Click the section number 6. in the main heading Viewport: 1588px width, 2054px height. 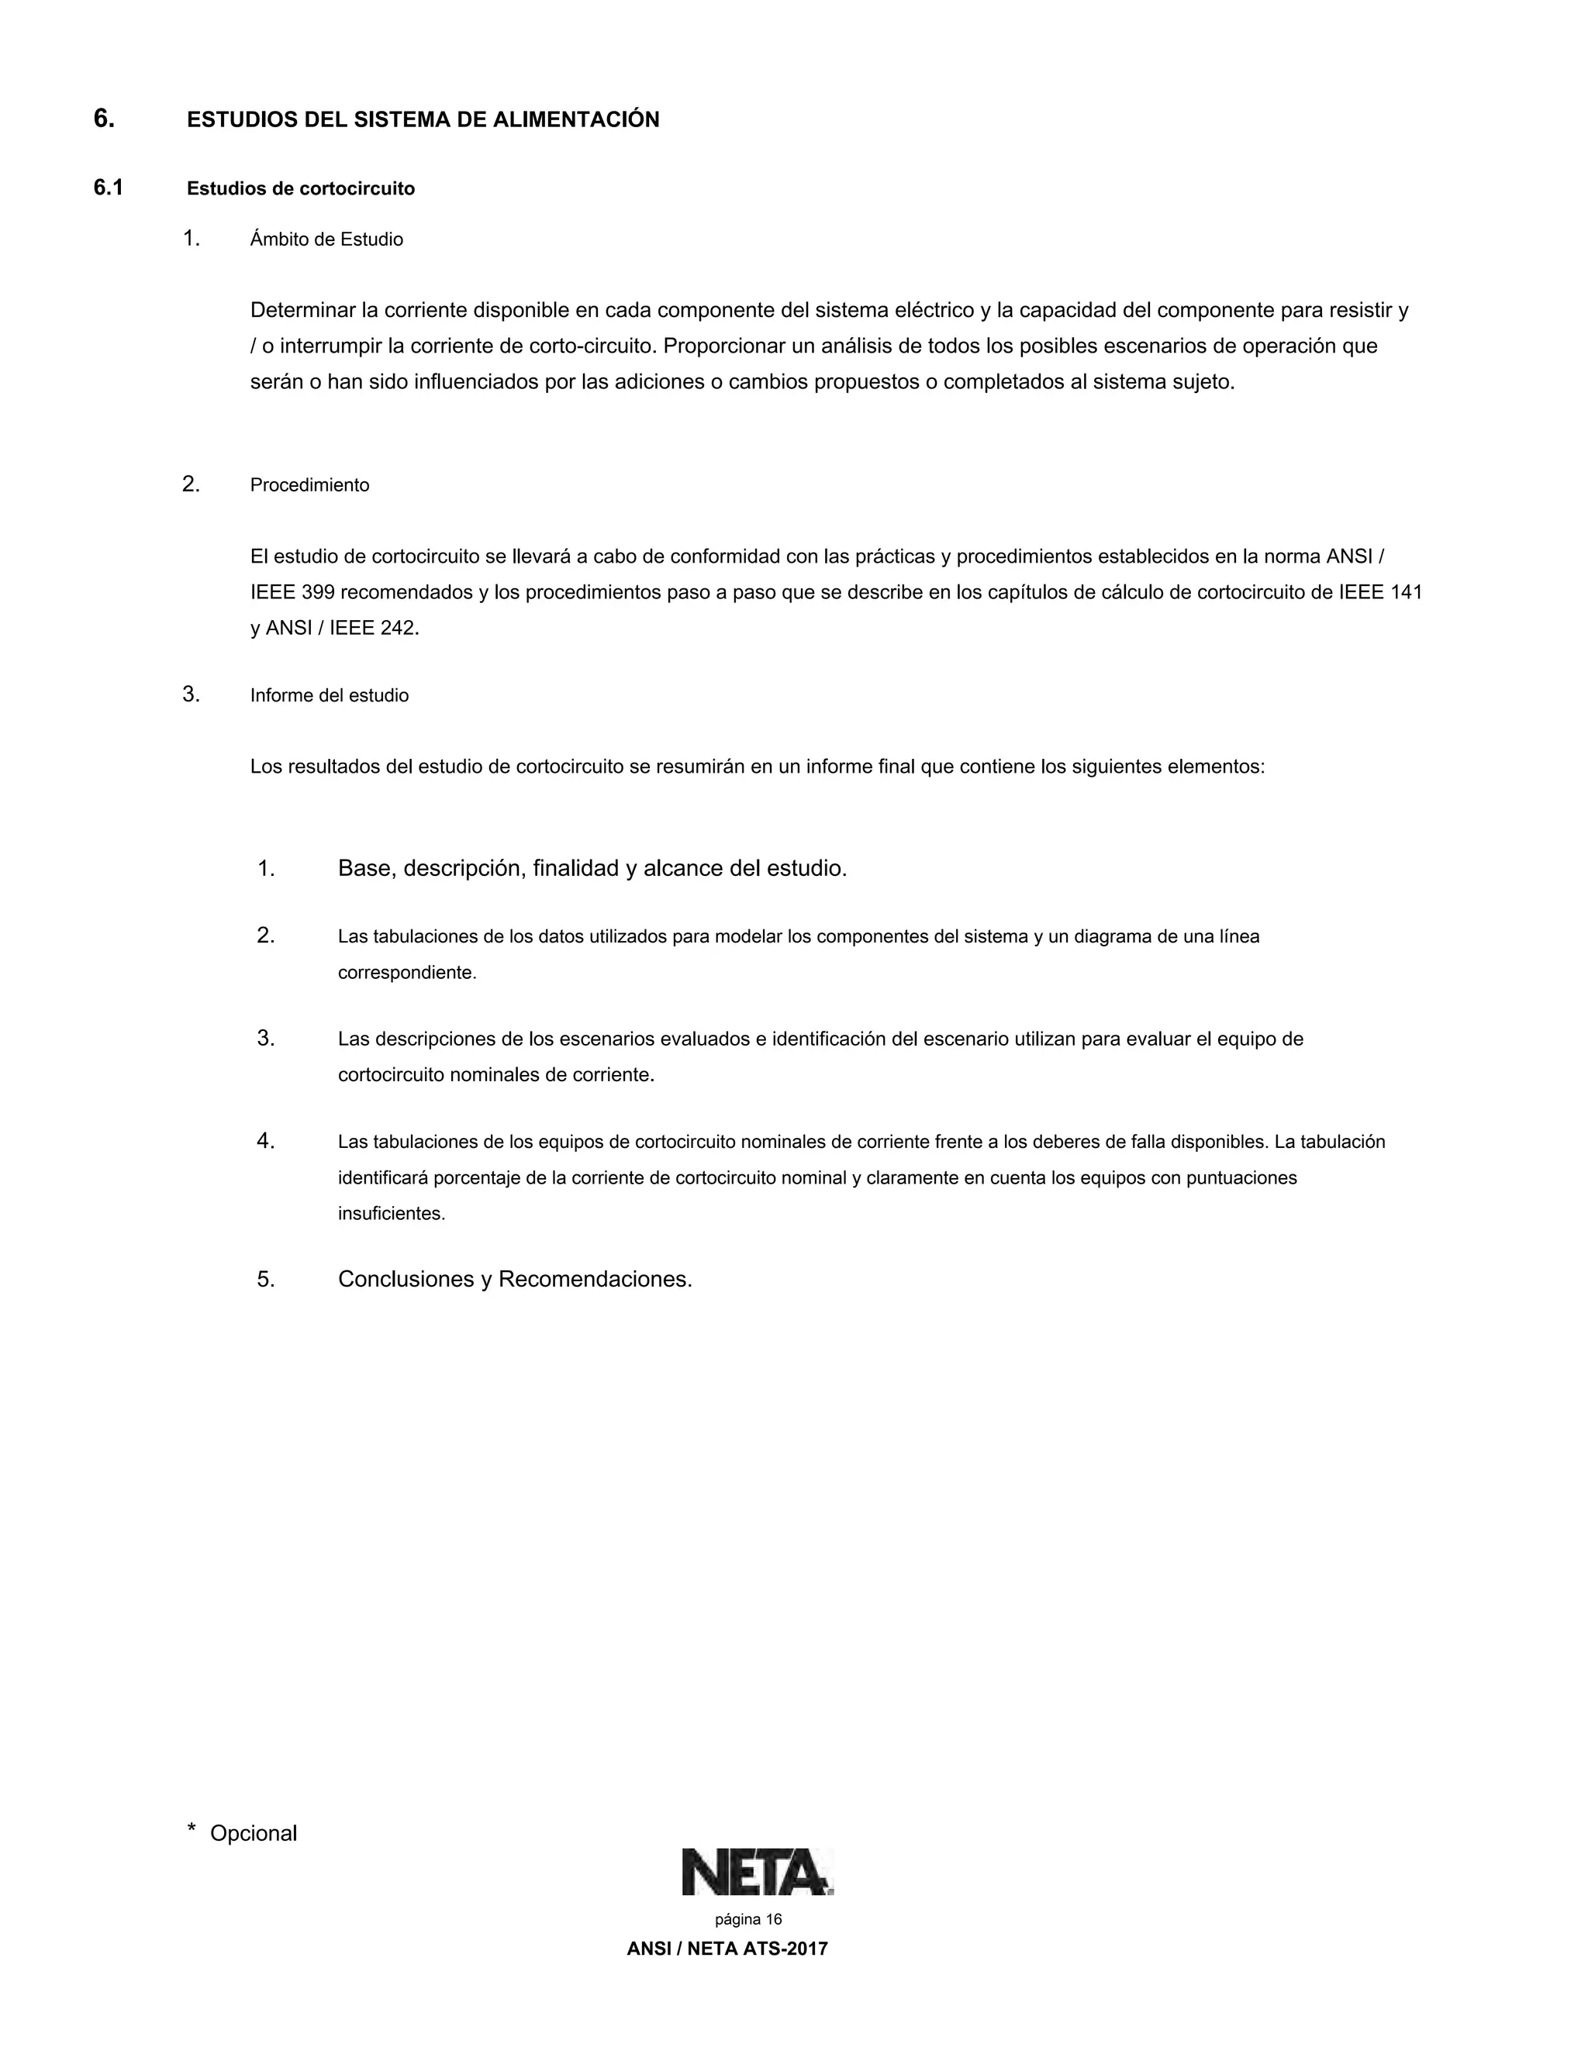[x=103, y=119]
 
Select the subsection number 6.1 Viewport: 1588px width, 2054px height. [x=109, y=188]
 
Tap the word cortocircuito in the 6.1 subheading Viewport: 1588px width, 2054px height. [x=361, y=189]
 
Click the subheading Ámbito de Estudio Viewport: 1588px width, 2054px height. [x=326, y=240]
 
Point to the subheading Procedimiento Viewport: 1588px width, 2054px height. [x=309, y=485]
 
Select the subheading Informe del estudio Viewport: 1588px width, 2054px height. [x=330, y=696]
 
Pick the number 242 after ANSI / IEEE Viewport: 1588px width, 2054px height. [x=398, y=629]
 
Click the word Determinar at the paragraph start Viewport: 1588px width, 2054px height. [x=303, y=310]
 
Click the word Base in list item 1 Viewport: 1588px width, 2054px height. [x=364, y=868]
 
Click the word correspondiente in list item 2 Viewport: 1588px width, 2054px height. [x=406, y=973]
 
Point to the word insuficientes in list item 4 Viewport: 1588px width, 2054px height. [x=391, y=1214]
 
